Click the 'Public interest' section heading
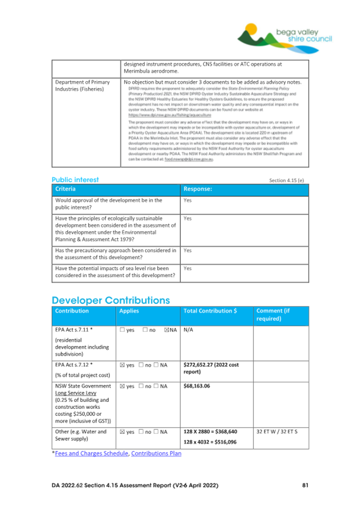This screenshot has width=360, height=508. pos(75,180)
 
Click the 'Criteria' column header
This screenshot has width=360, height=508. pos(66,189)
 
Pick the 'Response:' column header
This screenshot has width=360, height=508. pos(199,189)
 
